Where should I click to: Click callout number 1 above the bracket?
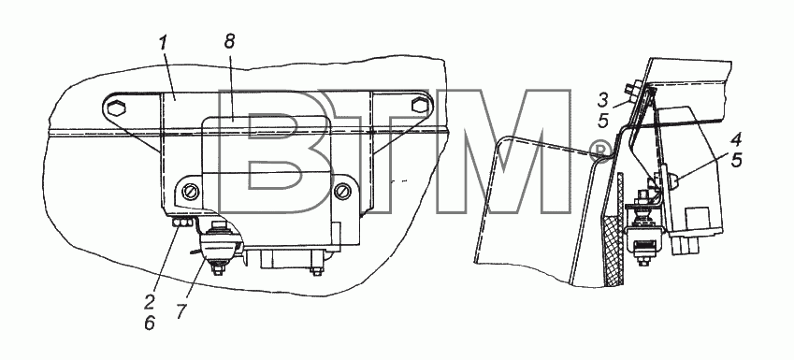pyautogui.click(x=162, y=44)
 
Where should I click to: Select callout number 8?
pyautogui.click(x=230, y=41)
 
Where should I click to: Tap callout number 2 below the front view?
pyautogui.click(x=149, y=303)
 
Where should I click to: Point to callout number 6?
pyautogui.click(x=149, y=323)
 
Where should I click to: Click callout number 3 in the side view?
pyautogui.click(x=602, y=100)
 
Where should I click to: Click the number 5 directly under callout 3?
pyautogui.click(x=602, y=121)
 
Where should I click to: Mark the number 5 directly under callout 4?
pyautogui.click(x=736, y=161)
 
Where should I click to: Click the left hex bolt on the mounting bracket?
pyautogui.click(x=114, y=107)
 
